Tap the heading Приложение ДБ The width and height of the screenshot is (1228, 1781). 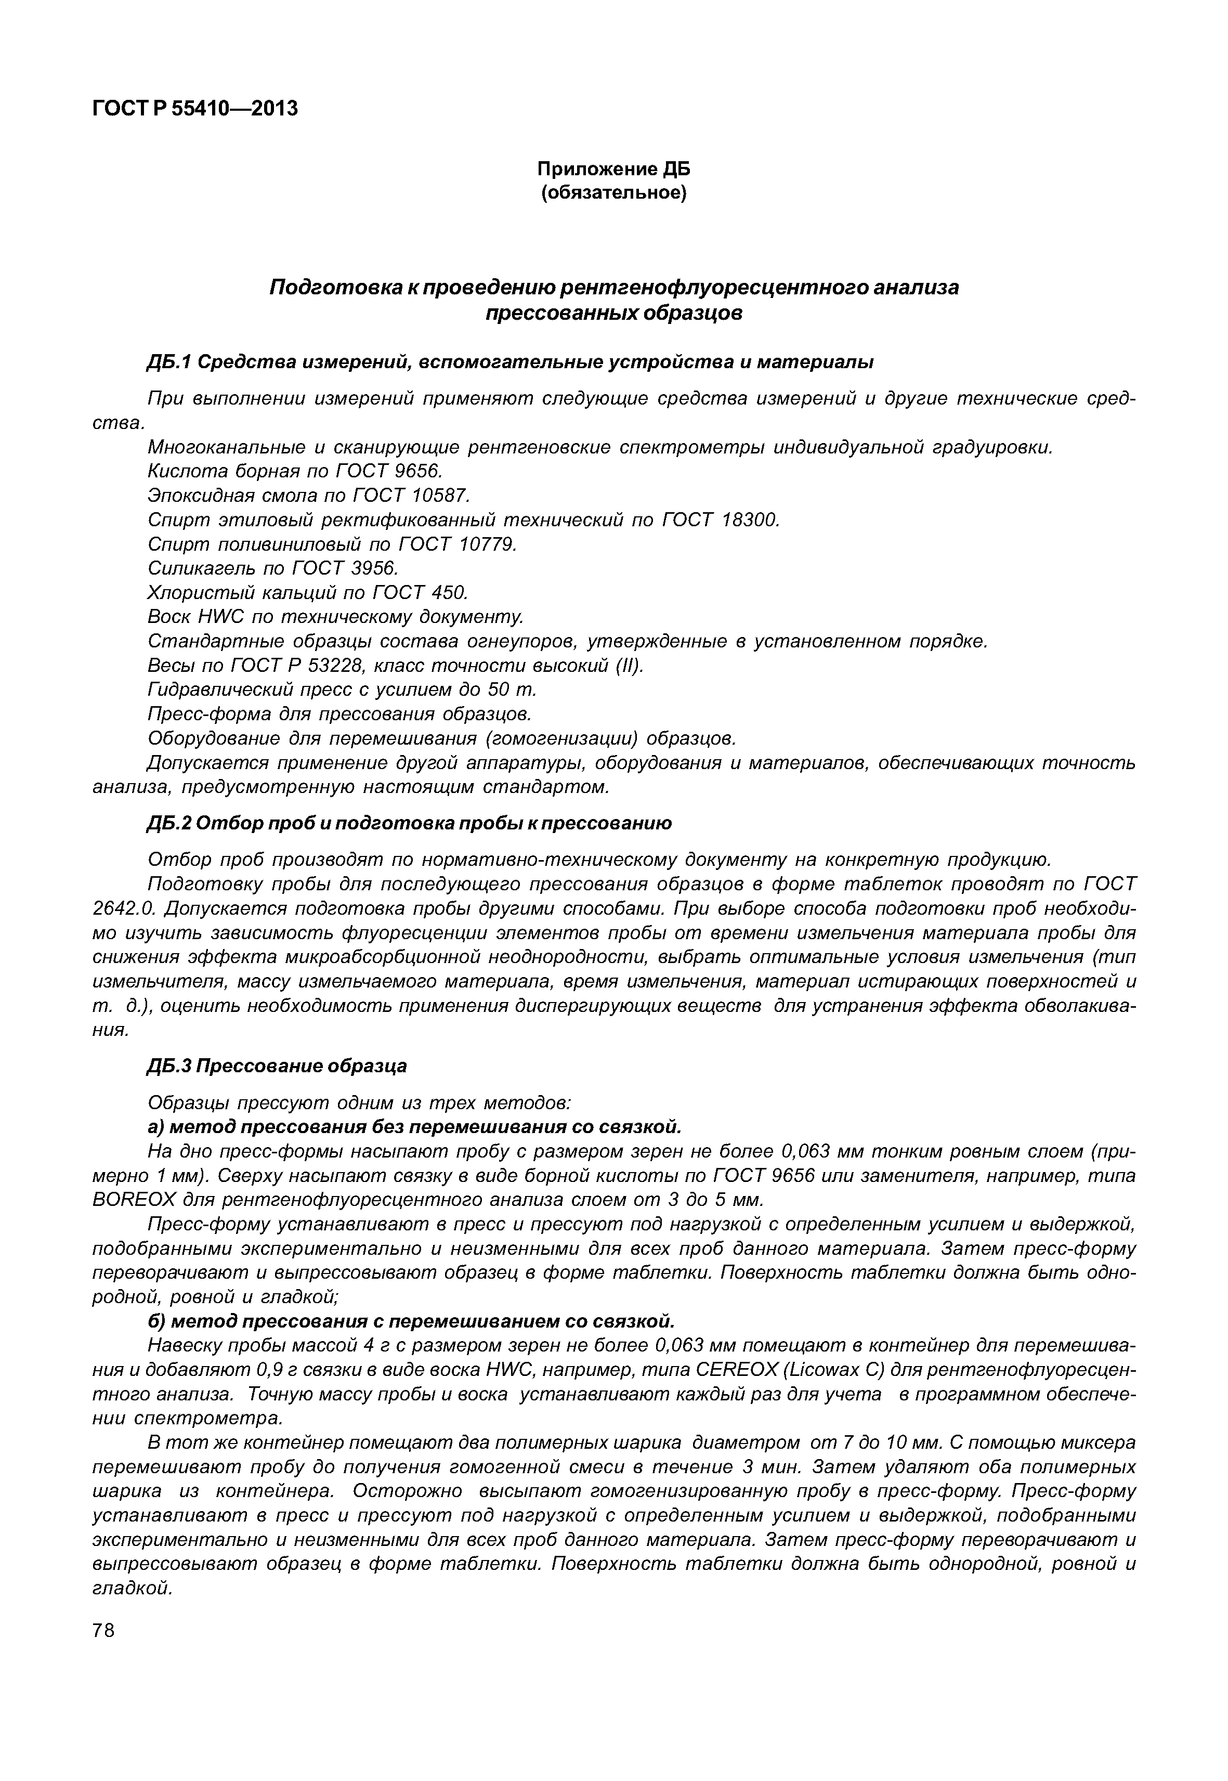point(613,168)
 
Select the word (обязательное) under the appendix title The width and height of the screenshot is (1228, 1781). point(613,192)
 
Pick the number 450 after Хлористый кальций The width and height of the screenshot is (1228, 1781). point(450,593)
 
